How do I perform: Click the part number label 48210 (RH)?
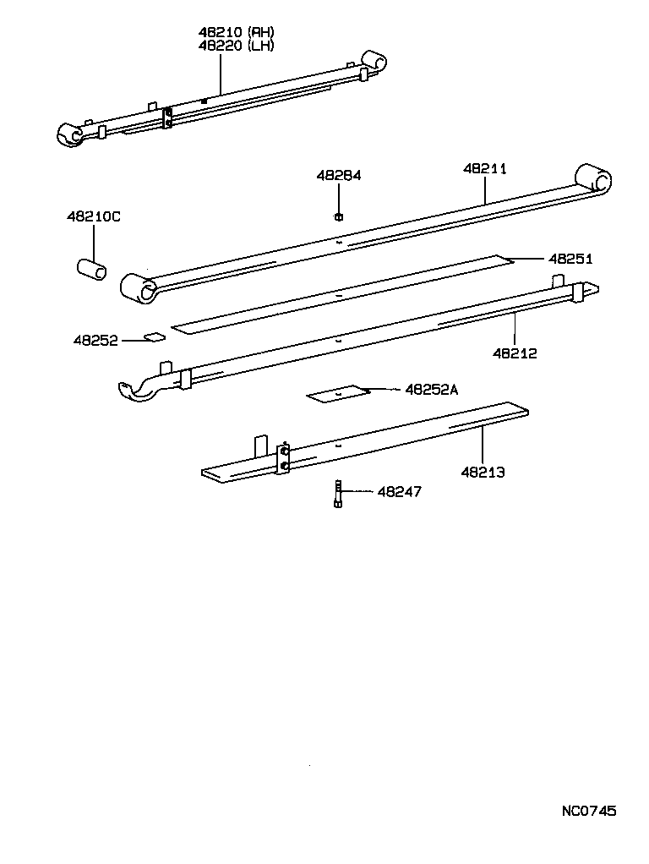point(237,32)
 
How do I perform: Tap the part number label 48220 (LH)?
point(237,46)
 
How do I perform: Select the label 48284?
point(338,176)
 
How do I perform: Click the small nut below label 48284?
point(338,216)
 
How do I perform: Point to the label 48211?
point(485,168)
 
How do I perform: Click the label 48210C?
point(93,217)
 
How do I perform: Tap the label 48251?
point(570,259)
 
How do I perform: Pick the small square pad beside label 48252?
point(154,337)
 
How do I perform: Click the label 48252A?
point(431,389)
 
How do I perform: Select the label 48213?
point(483,472)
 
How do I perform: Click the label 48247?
point(399,491)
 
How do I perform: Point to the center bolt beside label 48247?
point(338,493)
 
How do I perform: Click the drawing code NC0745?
point(589,811)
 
